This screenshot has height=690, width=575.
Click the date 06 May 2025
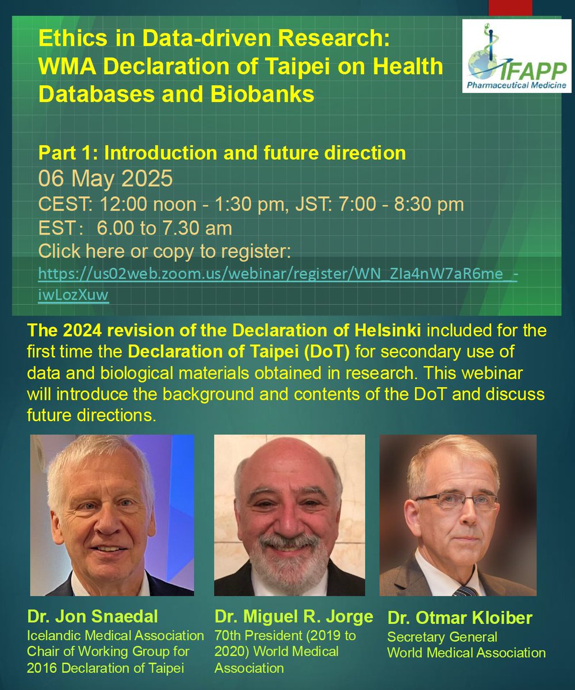105,179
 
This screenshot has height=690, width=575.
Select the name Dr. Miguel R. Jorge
294,617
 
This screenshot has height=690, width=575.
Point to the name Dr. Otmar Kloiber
460,619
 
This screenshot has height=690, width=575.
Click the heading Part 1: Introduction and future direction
222,154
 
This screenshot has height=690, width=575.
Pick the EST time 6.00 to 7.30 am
164,228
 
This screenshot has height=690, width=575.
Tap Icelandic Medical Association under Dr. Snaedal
116,636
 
